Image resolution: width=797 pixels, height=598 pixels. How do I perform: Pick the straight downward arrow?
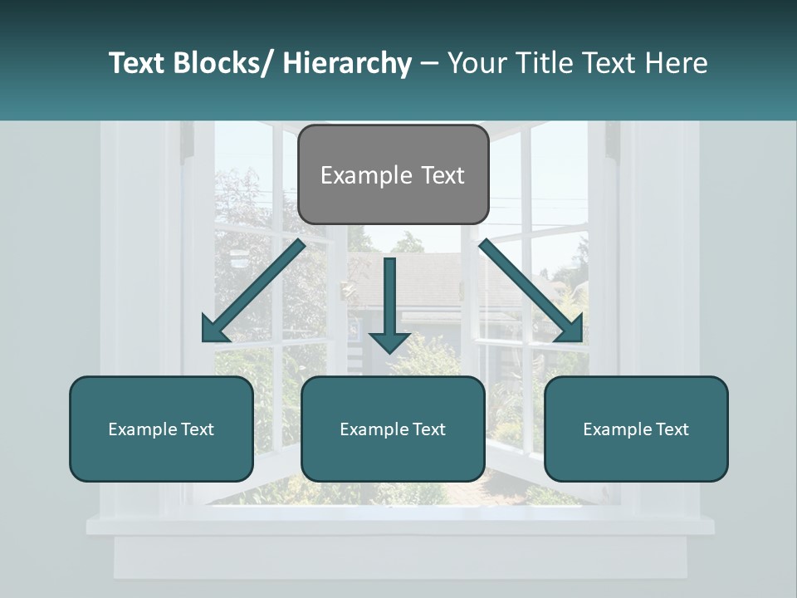pyautogui.click(x=389, y=303)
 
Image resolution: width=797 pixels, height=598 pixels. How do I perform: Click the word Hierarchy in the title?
pyautogui.click(x=347, y=63)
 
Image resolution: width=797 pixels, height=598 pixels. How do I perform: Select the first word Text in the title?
pyautogui.click(x=136, y=63)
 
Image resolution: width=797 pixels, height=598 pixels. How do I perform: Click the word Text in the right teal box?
pyautogui.click(x=670, y=429)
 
